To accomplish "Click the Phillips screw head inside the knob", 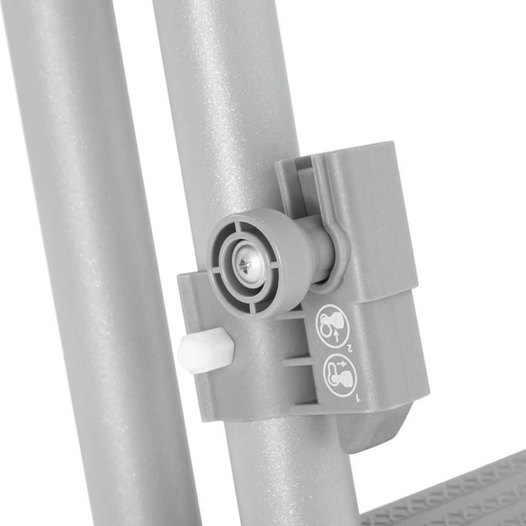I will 246,265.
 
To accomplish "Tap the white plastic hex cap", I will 205,350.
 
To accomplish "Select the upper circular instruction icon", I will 332,326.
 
